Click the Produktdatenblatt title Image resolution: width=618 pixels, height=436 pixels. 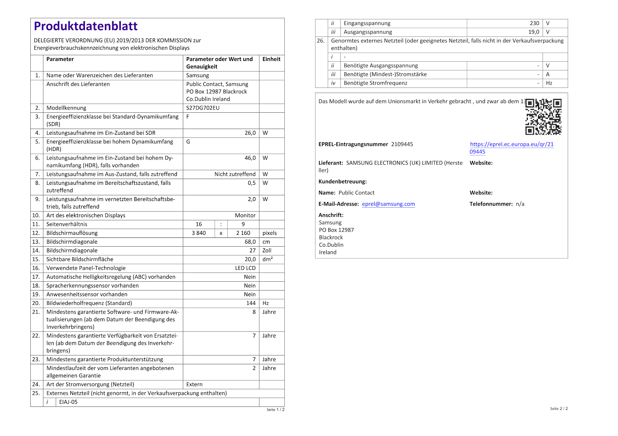[x=85, y=26]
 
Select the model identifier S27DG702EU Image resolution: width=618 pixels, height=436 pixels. [x=203, y=108]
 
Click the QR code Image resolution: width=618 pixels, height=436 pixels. [x=543, y=117]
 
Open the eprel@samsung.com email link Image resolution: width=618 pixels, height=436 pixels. [x=388, y=204]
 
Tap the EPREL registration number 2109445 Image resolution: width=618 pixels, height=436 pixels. [x=402, y=144]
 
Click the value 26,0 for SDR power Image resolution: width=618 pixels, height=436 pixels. [x=250, y=133]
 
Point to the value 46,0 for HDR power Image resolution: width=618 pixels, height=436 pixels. [x=250, y=158]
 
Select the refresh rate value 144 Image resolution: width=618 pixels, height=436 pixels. [x=251, y=303]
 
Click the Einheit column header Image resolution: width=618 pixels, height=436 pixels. [x=271, y=59]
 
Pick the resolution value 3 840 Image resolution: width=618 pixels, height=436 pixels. [x=199, y=233]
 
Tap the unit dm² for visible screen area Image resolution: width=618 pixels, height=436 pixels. [x=268, y=259]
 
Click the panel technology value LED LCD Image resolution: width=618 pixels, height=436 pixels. [x=245, y=268]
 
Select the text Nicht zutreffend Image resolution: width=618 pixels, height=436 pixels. [x=235, y=174]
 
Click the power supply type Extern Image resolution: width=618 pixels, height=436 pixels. [x=194, y=384]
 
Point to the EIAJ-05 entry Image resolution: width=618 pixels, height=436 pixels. [x=68, y=402]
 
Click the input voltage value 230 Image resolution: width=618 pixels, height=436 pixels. [x=534, y=23]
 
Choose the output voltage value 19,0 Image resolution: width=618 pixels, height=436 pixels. [x=534, y=32]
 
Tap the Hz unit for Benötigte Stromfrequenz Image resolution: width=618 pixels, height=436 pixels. [x=549, y=83]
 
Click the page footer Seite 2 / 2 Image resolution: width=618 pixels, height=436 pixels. [x=559, y=409]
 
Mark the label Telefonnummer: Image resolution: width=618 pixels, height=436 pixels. [x=491, y=204]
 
